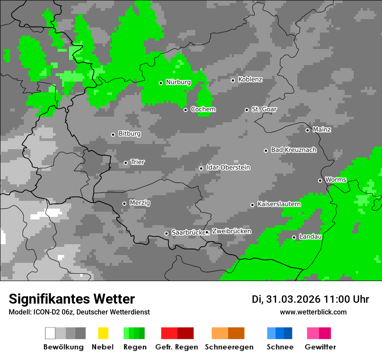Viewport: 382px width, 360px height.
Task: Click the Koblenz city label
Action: click(x=250, y=80)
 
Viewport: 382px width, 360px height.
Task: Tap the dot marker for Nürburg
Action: click(x=161, y=83)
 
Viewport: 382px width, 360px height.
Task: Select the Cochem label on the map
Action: click(x=203, y=109)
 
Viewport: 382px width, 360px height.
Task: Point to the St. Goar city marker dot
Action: click(x=247, y=110)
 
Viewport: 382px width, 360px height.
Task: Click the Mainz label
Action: click(x=322, y=130)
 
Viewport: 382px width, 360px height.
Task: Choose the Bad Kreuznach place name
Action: click(x=293, y=150)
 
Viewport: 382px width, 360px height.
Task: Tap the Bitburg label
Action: click(x=129, y=134)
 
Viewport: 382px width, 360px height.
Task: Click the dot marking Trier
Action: click(x=126, y=163)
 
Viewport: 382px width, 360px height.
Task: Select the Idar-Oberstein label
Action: click(x=228, y=168)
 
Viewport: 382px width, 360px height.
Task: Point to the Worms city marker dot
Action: click(x=320, y=180)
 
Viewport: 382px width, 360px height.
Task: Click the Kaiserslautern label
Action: click(x=279, y=204)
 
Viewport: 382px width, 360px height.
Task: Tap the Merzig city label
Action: click(x=140, y=203)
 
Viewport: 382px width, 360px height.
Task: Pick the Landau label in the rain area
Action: click(x=310, y=237)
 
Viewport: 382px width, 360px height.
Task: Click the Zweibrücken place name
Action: click(x=231, y=232)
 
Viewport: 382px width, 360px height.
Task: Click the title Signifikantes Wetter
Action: click(x=72, y=299)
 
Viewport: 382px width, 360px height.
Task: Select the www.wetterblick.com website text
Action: click(x=313, y=312)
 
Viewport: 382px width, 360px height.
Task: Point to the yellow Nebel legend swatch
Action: click(x=103, y=333)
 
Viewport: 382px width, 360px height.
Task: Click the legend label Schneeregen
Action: click(x=229, y=347)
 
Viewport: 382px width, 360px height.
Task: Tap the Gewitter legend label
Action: click(x=320, y=347)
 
